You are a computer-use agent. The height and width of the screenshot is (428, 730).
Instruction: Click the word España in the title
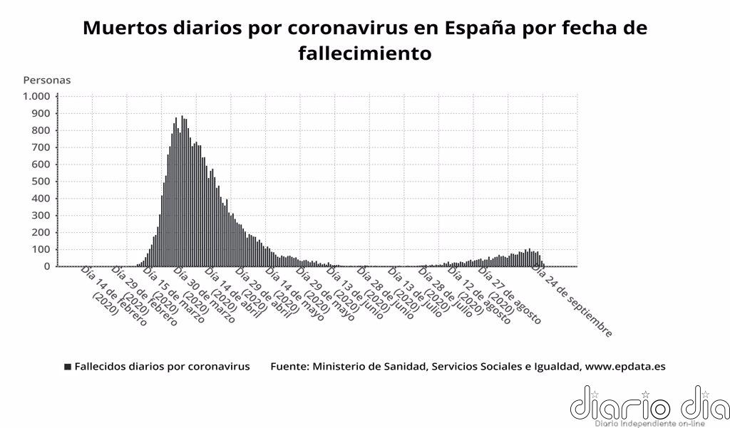477,28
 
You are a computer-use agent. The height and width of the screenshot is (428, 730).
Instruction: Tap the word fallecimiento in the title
365,53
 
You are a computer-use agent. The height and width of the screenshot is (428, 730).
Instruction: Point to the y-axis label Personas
47,80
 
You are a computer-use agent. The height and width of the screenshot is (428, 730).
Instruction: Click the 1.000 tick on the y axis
36,96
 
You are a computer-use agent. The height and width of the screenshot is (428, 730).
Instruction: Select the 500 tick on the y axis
41,182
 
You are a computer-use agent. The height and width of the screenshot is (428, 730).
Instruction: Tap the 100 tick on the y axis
41,249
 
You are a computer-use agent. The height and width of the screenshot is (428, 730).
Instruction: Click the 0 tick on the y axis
48,266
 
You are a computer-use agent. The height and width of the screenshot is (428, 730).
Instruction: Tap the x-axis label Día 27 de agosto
511,294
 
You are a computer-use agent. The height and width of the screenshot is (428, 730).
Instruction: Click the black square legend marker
68,367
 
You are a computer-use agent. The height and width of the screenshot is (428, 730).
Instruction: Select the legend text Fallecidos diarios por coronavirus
162,367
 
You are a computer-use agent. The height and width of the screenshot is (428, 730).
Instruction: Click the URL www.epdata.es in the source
624,367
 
